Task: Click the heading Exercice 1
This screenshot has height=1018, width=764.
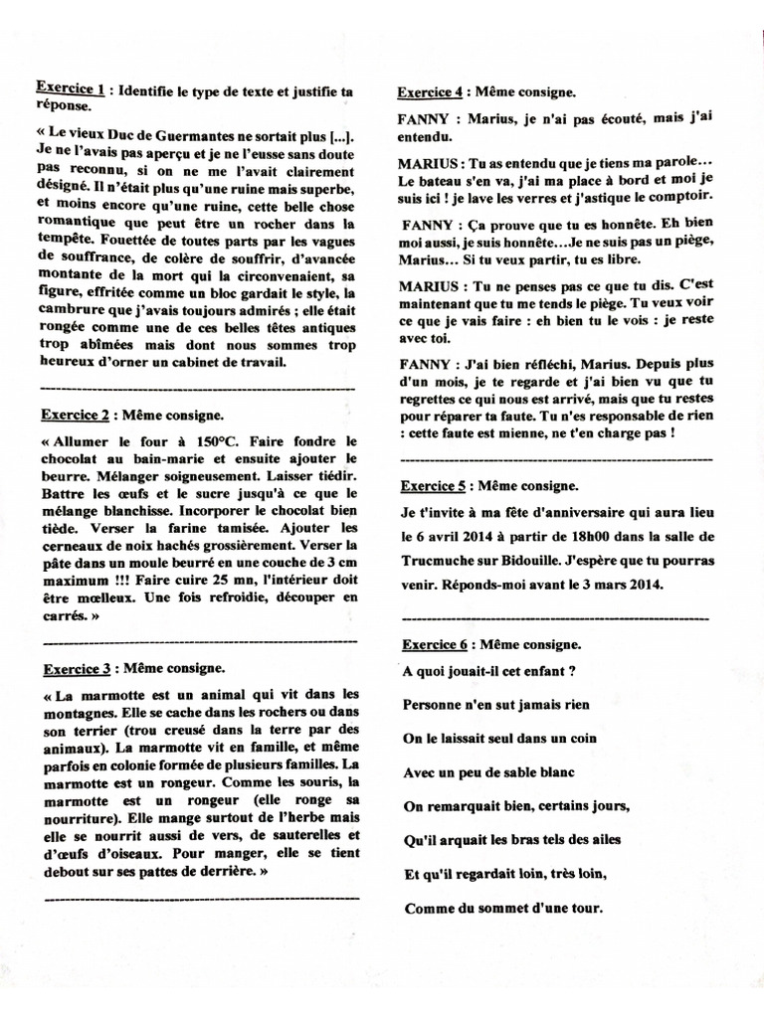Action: [71, 88]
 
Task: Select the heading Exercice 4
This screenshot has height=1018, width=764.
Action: [430, 92]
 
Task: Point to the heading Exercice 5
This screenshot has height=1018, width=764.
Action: [433, 486]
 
